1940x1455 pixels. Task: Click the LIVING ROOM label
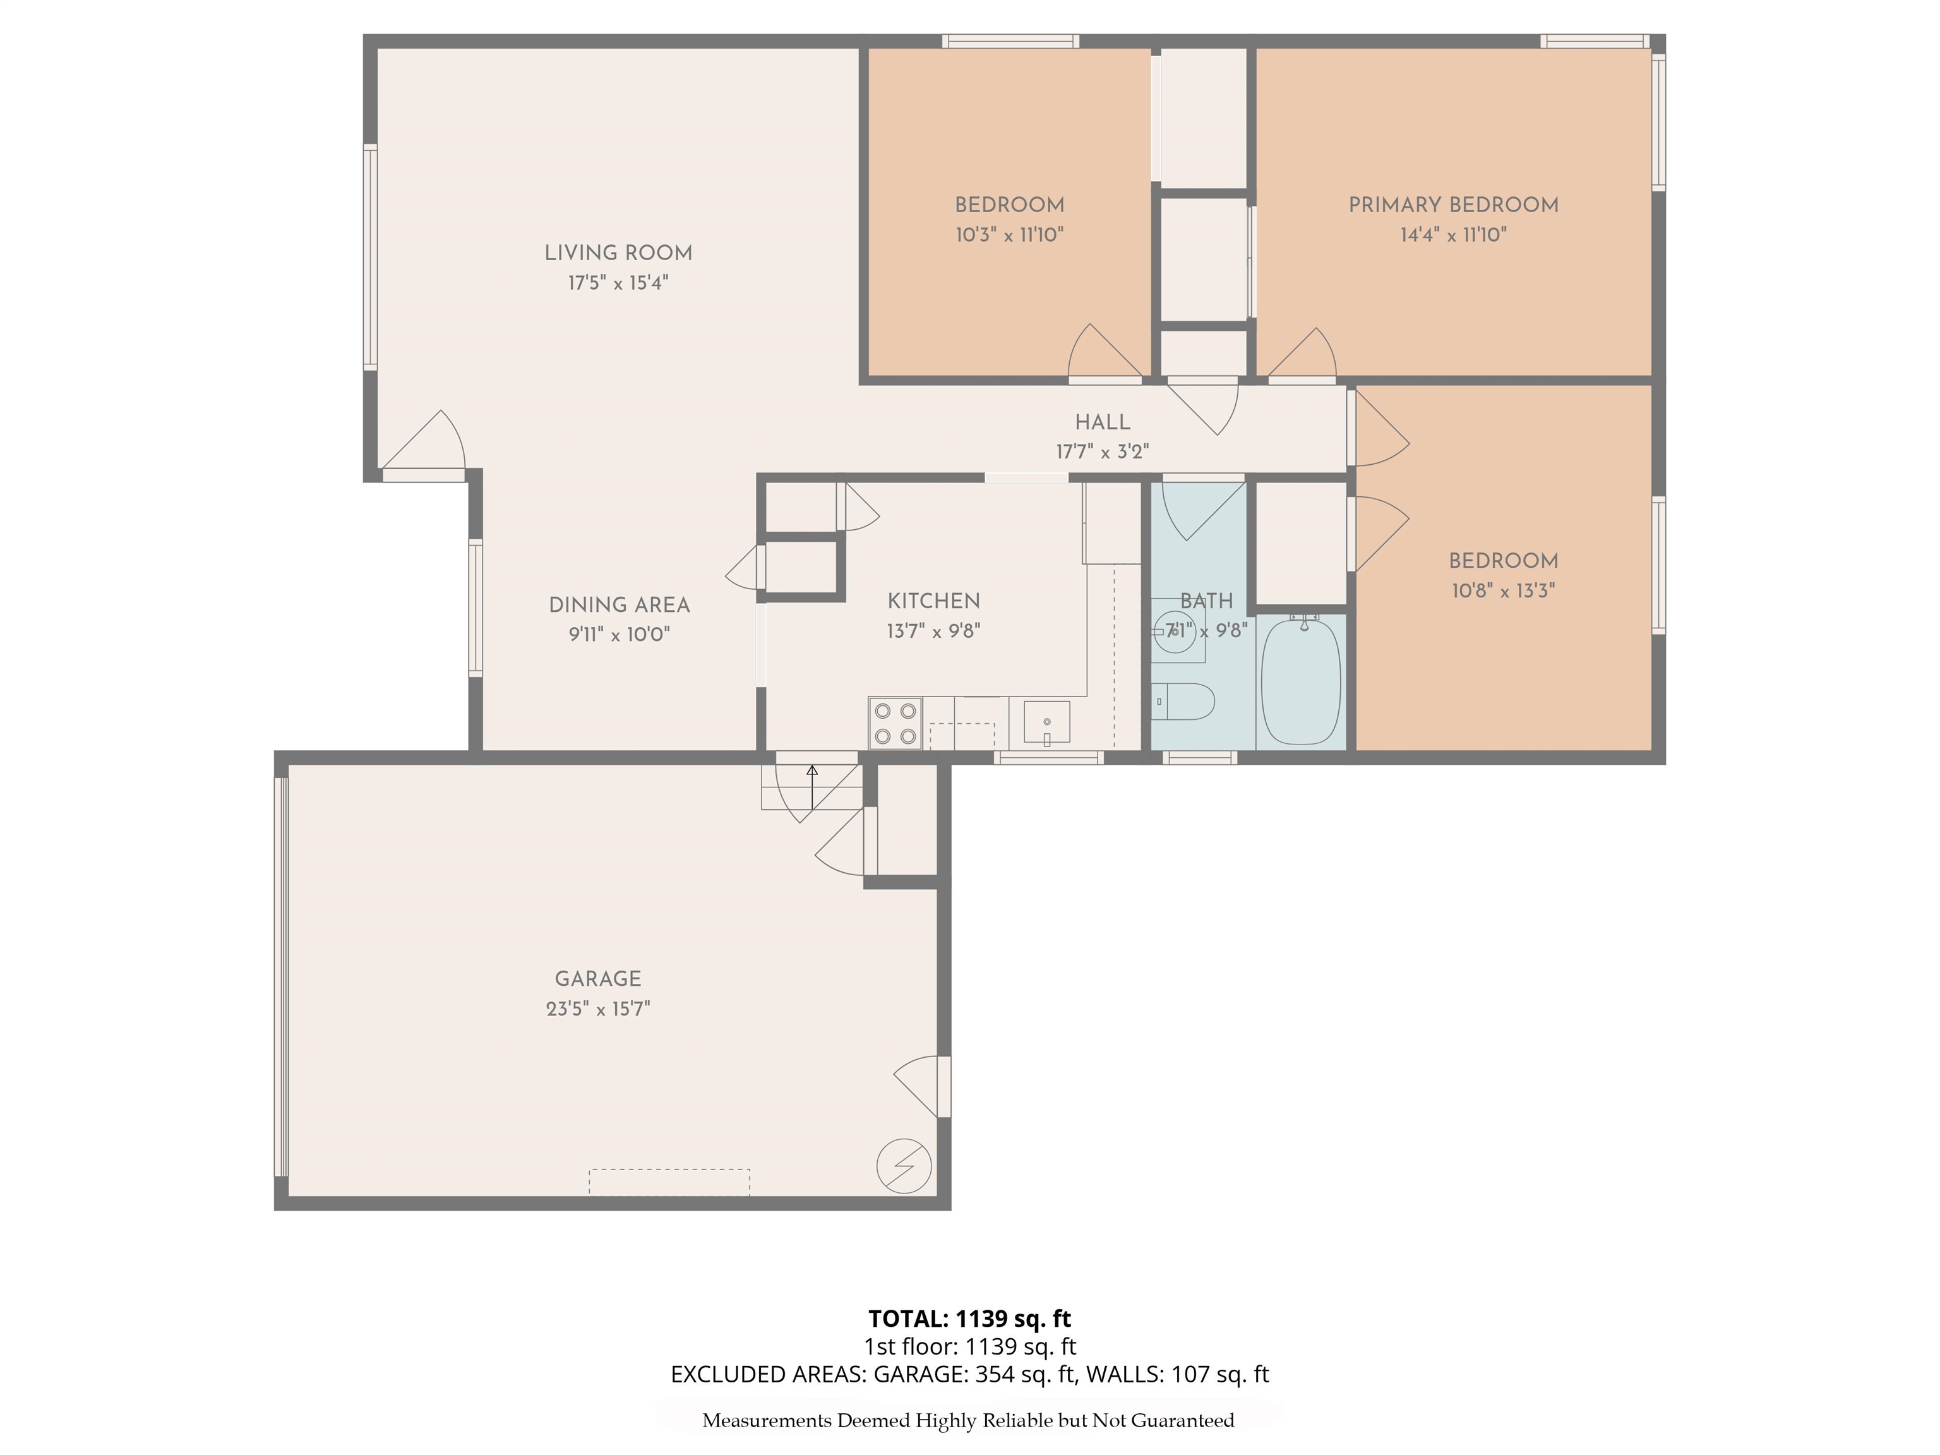tap(618, 253)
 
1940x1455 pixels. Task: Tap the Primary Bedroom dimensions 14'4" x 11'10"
tap(1452, 235)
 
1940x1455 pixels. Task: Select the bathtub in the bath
tap(1301, 682)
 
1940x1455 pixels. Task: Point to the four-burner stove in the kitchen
tap(895, 724)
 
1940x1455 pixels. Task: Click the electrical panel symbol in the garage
tap(903, 1166)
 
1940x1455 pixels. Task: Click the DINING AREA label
tap(618, 604)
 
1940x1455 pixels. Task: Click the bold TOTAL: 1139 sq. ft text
tap(969, 1318)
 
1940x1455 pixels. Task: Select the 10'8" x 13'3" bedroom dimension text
tap(1502, 591)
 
